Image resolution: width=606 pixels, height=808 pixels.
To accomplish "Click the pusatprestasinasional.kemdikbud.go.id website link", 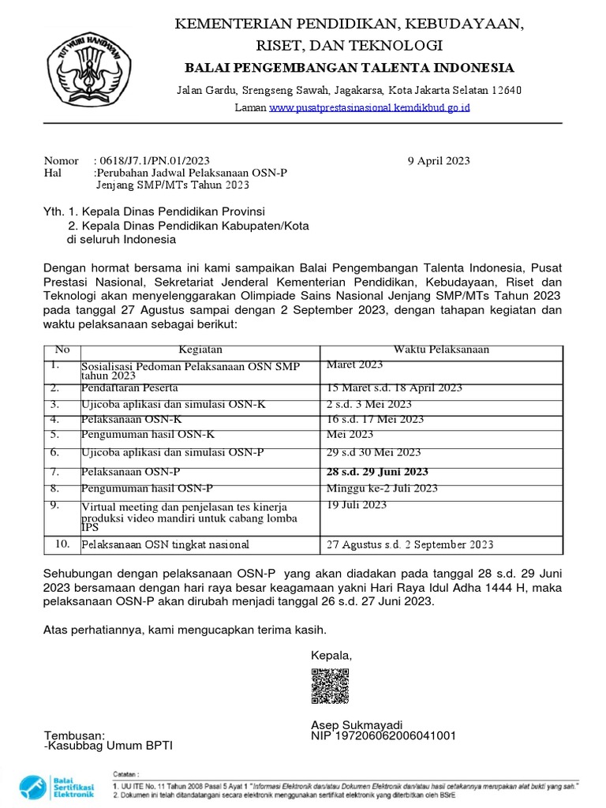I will pyautogui.click(x=369, y=107).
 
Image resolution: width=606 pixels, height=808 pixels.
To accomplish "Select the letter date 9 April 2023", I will pyautogui.click(x=439, y=161).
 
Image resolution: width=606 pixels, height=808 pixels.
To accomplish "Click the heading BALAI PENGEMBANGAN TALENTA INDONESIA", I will pyautogui.click(x=348, y=67).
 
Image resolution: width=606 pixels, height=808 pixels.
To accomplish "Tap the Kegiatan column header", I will pyautogui.click(x=200, y=350).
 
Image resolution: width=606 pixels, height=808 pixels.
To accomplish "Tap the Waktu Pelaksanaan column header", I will pyautogui.click(x=441, y=350).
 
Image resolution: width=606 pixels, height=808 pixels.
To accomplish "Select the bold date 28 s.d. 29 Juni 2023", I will pyautogui.click(x=378, y=472).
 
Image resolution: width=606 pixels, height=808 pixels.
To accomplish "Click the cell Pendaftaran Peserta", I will pyautogui.click(x=129, y=387).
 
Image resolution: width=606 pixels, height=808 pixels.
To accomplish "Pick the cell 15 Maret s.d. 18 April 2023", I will pyautogui.click(x=395, y=387).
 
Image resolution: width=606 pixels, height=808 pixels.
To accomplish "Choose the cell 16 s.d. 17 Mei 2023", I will pyautogui.click(x=375, y=419).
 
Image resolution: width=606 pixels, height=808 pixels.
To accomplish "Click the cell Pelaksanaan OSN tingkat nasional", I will pyautogui.click(x=165, y=544).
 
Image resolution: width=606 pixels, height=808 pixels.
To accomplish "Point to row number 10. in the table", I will pyautogui.click(x=62, y=544).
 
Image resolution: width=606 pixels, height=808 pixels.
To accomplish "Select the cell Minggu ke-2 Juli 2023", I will pyautogui.click(x=382, y=488).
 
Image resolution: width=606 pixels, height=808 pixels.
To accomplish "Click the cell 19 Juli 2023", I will pyautogui.click(x=357, y=504).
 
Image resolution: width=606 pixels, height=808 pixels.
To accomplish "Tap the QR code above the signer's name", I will pyautogui.click(x=330, y=686).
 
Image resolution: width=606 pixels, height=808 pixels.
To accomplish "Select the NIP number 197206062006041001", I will pyautogui.click(x=383, y=736).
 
